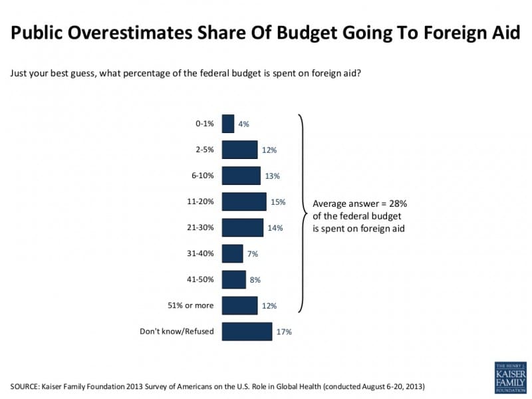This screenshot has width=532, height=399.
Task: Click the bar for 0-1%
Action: pos(228,124)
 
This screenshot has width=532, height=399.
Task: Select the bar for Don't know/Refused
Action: pos(247,331)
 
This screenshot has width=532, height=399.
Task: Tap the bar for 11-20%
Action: pos(244,201)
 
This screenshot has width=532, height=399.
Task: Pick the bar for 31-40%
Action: pos(232,253)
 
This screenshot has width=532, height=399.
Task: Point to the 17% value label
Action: pos(284,331)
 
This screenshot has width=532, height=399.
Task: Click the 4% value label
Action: pos(243,124)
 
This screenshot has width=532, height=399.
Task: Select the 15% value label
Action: pos(279,201)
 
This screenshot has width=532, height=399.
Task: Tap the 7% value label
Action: pos(252,253)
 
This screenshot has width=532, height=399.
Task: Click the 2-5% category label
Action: pos(204,150)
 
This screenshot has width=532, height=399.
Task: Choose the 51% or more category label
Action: pos(191,305)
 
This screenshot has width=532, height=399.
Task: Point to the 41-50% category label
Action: pos(200,279)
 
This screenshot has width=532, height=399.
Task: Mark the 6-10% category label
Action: pos(202,176)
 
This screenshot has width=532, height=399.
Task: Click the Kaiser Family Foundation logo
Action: pos(510,377)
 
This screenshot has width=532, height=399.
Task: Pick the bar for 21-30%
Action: pos(242,227)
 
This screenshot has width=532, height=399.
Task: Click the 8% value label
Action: pos(255,279)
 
